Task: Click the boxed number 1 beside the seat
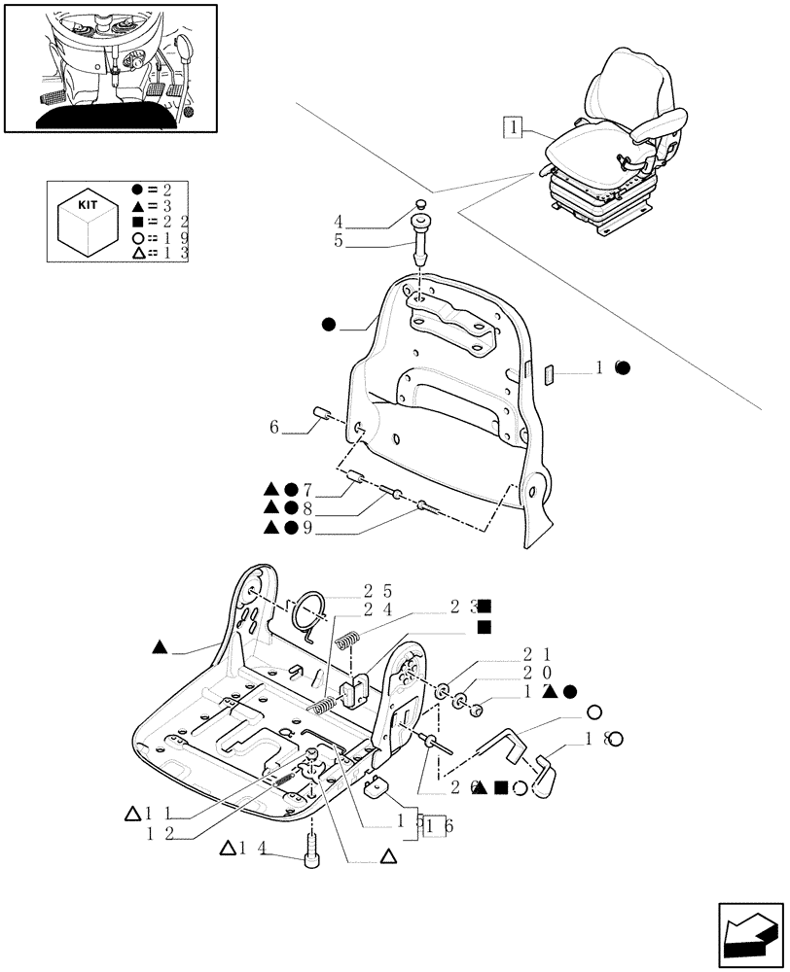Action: pos(514,126)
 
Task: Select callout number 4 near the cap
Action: pos(339,222)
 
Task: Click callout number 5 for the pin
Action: pos(339,240)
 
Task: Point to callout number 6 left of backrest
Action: pos(274,428)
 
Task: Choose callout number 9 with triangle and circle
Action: pos(306,528)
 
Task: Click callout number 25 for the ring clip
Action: pos(379,591)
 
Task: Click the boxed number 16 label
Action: pos(436,826)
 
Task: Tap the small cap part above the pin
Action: pos(420,204)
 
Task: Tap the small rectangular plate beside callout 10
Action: pos(548,373)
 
